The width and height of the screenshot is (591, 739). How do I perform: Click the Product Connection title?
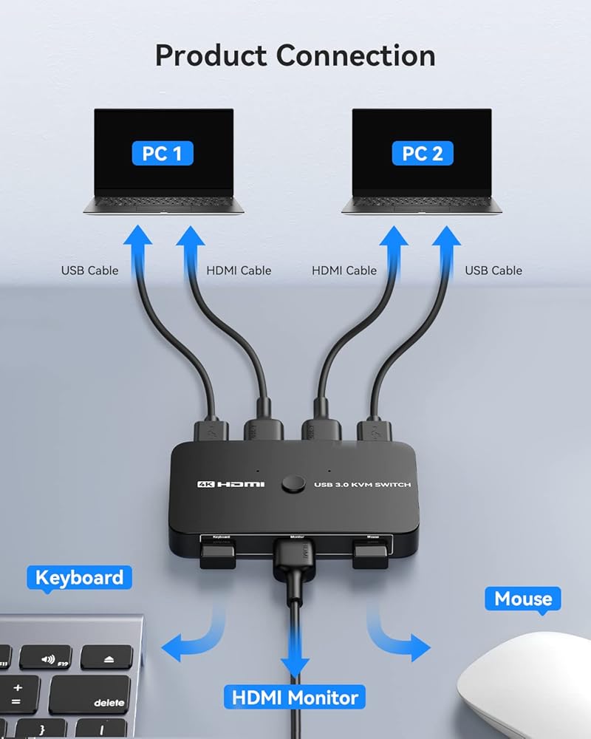coord(295,55)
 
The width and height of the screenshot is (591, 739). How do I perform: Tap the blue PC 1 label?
coord(163,153)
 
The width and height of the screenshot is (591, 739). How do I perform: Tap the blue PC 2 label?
coord(423,153)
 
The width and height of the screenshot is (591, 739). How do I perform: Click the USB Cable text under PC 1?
coord(89,270)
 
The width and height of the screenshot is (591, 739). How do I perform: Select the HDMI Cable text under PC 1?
coord(239,270)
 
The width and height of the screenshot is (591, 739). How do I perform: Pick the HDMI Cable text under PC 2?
coord(344,270)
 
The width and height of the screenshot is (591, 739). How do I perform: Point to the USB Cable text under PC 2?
coord(493,270)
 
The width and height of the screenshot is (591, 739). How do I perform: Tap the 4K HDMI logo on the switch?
coord(230,484)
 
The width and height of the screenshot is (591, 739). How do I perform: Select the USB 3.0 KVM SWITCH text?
coord(362,485)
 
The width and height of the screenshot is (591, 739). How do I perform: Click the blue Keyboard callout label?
coord(79,577)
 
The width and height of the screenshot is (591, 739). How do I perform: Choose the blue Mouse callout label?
coord(523,598)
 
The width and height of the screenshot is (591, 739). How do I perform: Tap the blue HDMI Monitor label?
coord(295,697)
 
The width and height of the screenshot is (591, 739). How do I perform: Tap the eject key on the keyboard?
coord(106,658)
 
